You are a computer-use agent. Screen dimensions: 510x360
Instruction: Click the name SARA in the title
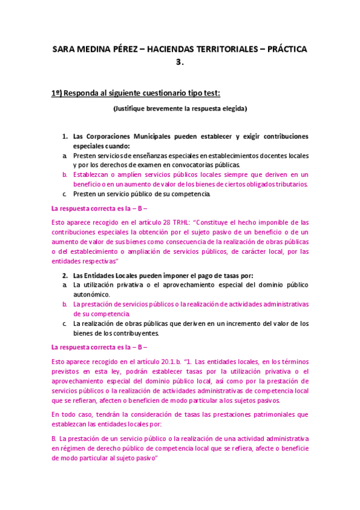[x=63, y=49]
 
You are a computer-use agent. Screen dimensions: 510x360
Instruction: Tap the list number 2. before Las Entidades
[x=66, y=275]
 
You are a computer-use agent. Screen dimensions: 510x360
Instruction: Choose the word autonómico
[x=92, y=295]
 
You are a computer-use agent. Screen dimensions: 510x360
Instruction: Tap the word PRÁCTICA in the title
[x=283, y=49]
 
